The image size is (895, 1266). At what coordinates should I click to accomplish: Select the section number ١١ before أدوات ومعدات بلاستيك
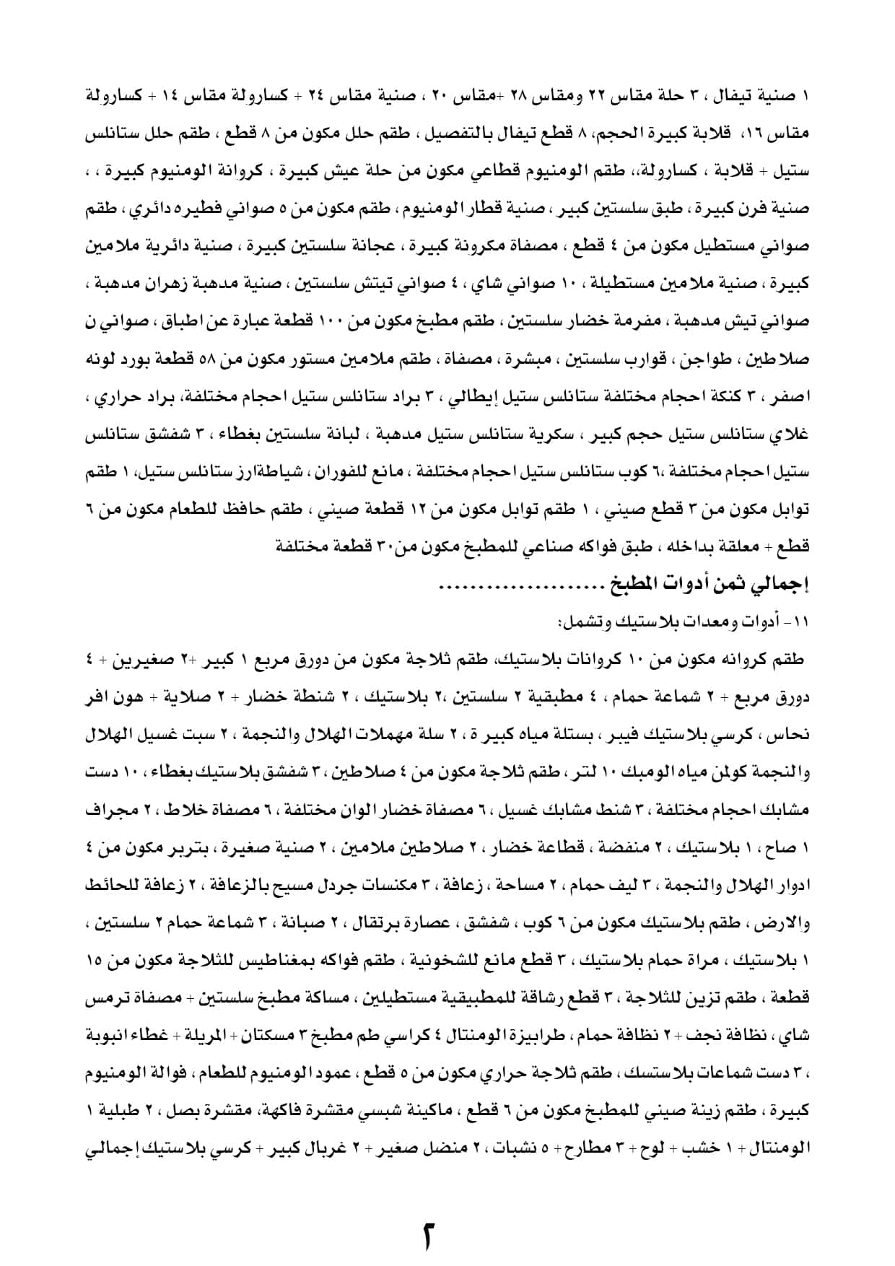click(x=802, y=621)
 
